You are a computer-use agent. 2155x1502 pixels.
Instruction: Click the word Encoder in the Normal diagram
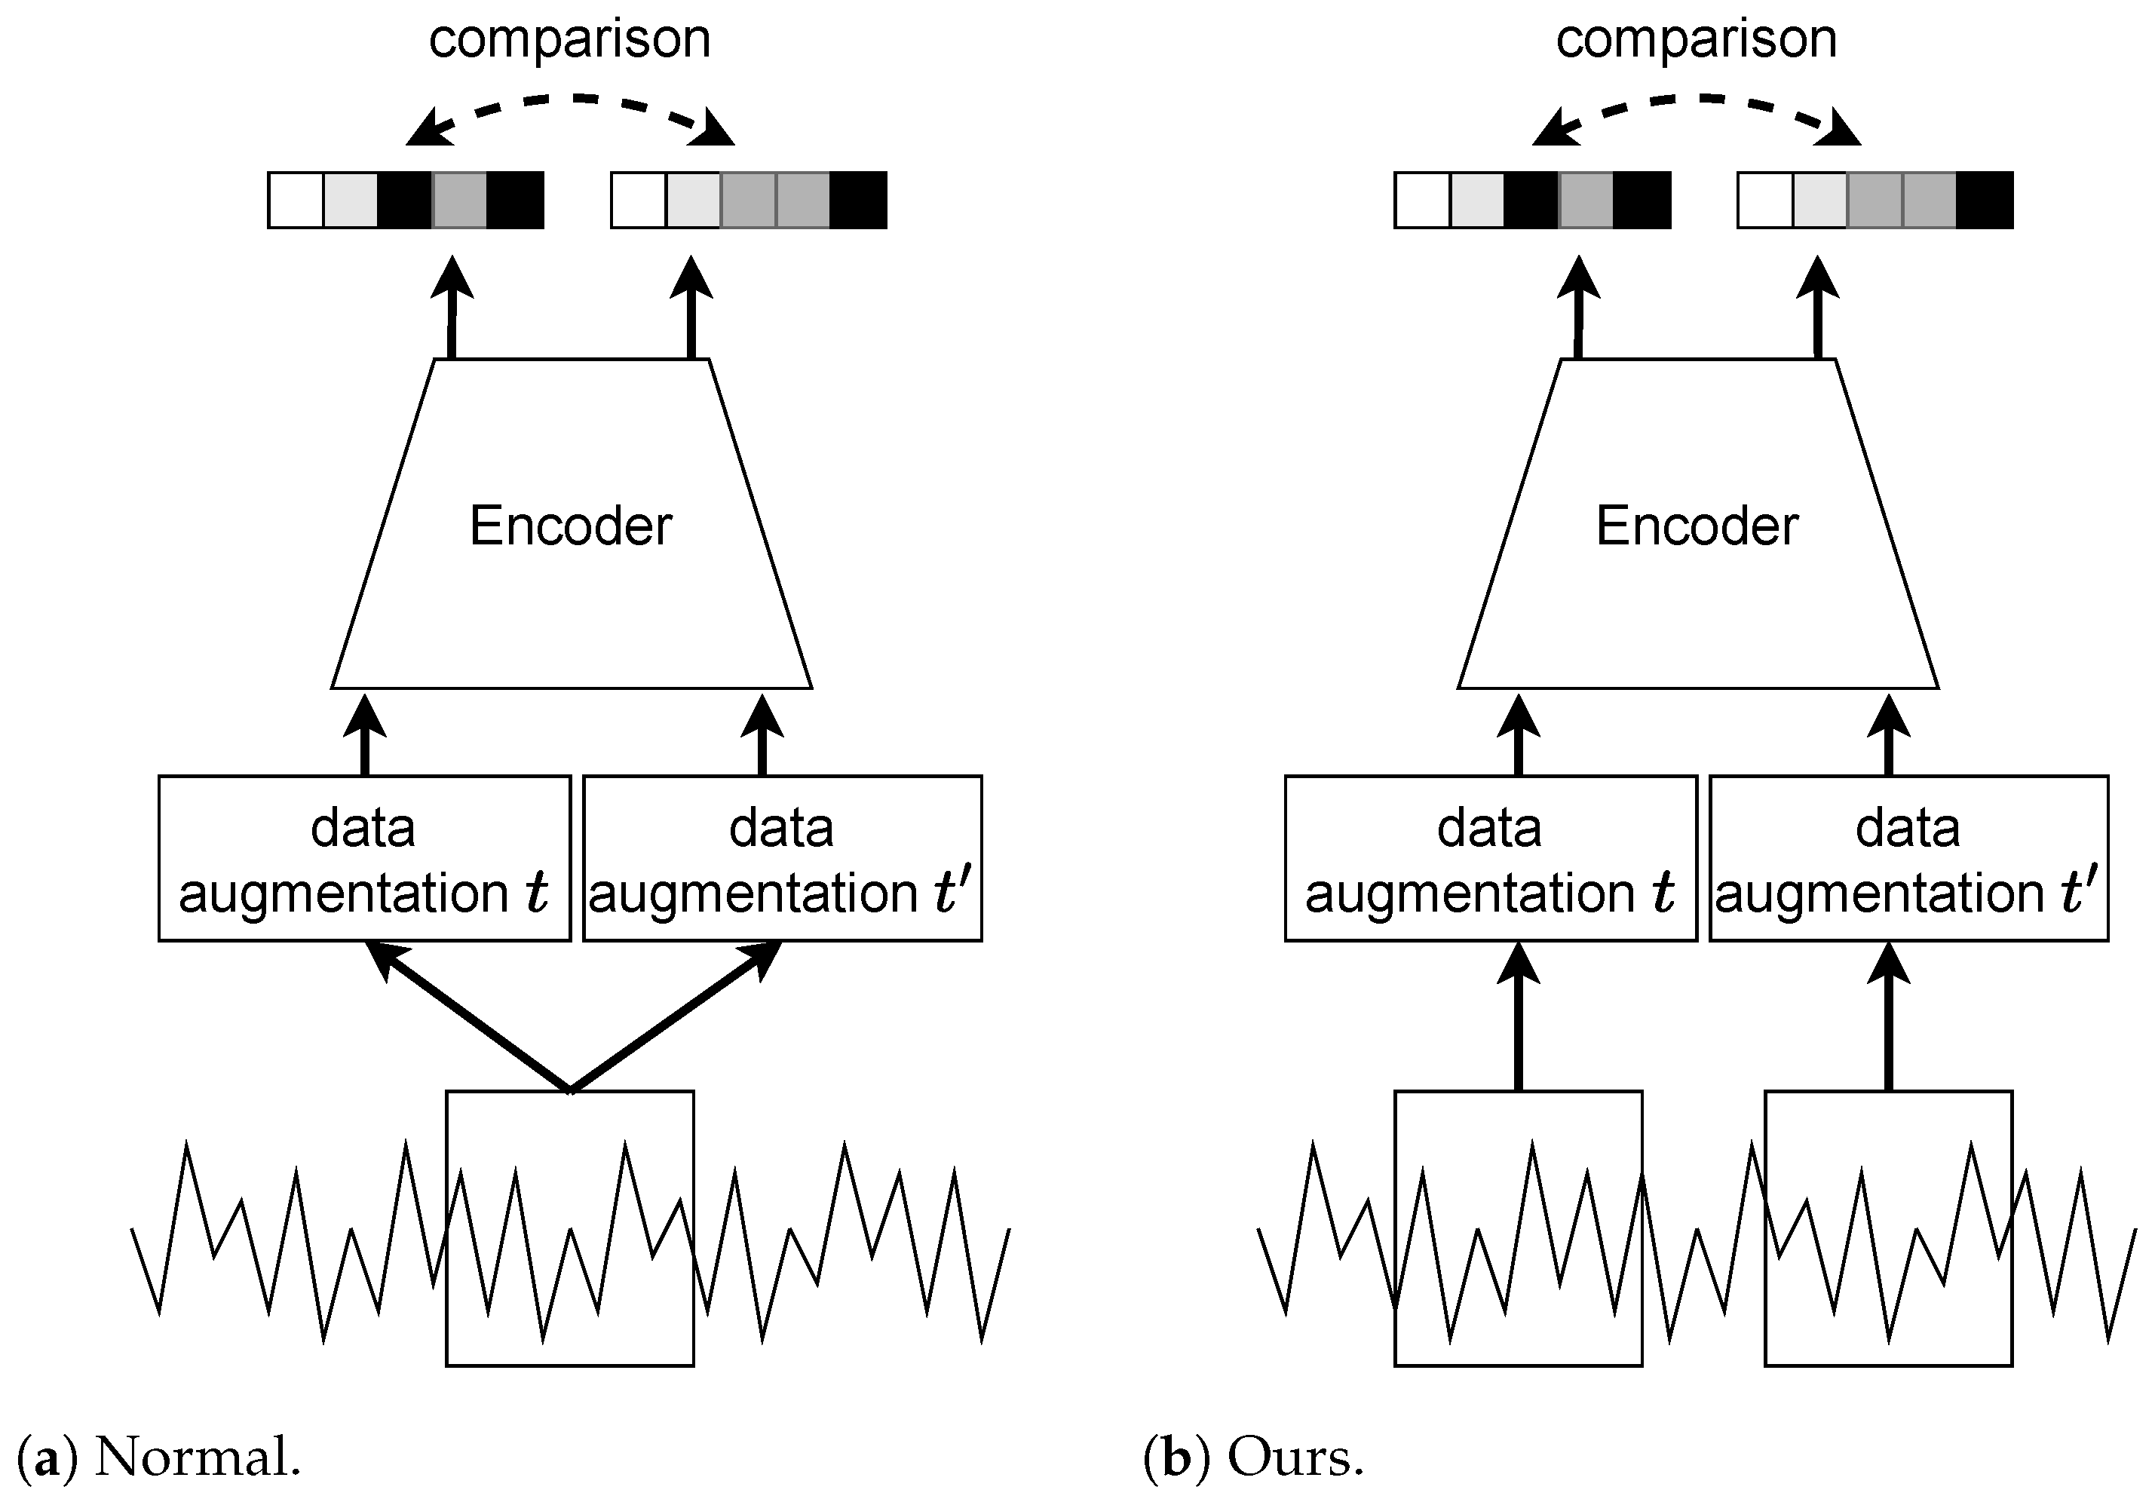(x=571, y=526)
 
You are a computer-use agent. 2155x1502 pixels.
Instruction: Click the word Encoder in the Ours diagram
(x=1697, y=526)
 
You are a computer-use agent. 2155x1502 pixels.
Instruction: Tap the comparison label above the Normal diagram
(x=570, y=39)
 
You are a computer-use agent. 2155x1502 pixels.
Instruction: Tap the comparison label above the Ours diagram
(x=1696, y=39)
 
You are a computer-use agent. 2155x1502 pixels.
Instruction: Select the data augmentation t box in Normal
(x=364, y=858)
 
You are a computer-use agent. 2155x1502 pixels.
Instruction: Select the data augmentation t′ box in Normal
(x=782, y=858)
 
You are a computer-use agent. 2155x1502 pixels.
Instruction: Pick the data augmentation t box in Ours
(x=1491, y=858)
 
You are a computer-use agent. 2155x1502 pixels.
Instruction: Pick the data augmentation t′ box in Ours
(x=1908, y=858)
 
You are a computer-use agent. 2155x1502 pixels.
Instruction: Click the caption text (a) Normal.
(x=160, y=1458)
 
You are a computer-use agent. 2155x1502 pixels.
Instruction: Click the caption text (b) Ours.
(x=1253, y=1458)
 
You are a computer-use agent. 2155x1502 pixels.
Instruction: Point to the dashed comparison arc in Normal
(x=570, y=97)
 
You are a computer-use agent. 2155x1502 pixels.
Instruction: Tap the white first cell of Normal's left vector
(x=296, y=200)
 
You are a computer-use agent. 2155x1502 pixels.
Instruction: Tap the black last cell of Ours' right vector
(x=1984, y=200)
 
